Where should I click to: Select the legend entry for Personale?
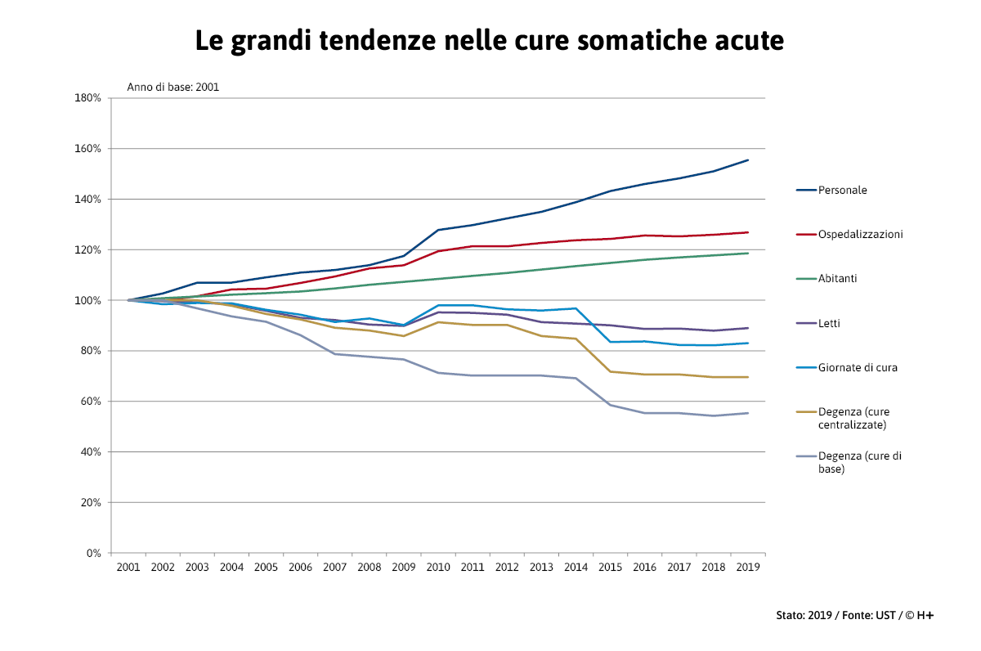click(842, 191)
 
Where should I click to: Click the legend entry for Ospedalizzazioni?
click(860, 235)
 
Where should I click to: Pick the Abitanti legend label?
click(837, 279)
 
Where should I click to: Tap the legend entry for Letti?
click(831, 324)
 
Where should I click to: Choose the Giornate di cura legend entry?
click(858, 368)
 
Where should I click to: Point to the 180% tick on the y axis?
click(87, 98)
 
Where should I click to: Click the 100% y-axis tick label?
click(87, 300)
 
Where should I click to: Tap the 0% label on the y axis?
click(93, 553)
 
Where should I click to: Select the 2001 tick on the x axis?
click(128, 567)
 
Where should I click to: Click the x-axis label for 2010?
click(439, 567)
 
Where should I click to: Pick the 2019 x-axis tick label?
click(747, 567)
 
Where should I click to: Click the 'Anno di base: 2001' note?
click(172, 87)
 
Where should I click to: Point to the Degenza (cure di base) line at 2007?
click(335, 354)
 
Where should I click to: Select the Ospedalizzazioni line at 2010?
click(439, 251)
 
